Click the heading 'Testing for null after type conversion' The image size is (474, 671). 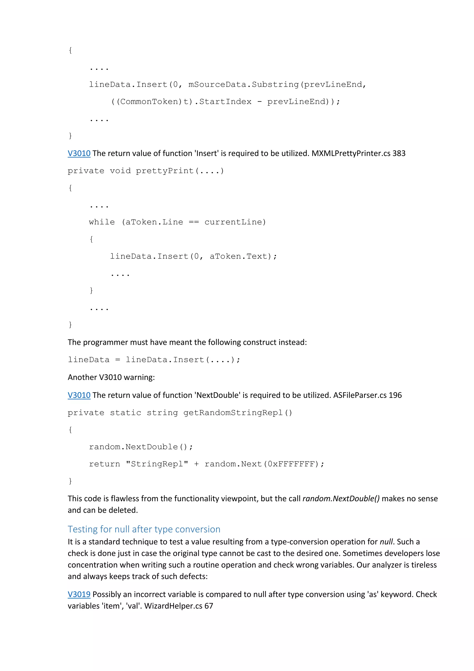pyautogui.click(x=144, y=529)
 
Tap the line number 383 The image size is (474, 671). pyautogui.click(x=399, y=153)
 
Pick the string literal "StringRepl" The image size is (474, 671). pyautogui.click(x=157, y=464)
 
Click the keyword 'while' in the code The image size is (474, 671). pyautogui.click(x=102, y=222)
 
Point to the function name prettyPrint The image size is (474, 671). pyautogui.click(x=165, y=171)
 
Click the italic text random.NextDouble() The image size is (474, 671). pyautogui.click(x=341, y=499)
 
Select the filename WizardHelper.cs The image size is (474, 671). pyautogui.click(x=173, y=606)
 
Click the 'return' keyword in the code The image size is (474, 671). pyautogui.click(x=104, y=464)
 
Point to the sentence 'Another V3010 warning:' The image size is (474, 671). pyautogui.click(x=111, y=377)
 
